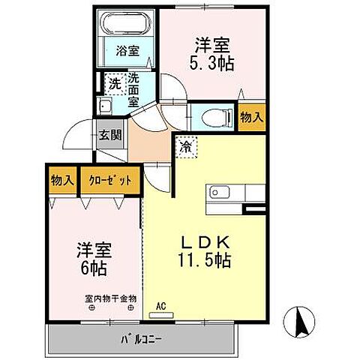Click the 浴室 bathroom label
point(127,51)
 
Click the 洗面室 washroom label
point(133,90)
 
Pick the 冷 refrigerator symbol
point(185,146)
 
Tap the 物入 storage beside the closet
point(61,180)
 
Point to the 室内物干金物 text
point(110,298)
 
